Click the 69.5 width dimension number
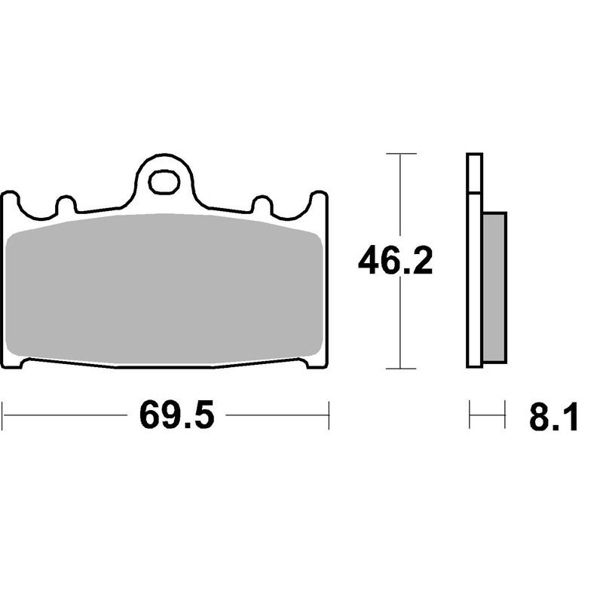point(176,415)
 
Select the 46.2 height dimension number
point(395,260)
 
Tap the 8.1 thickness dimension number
point(554,416)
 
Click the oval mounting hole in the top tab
point(164,182)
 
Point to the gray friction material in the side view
point(494,287)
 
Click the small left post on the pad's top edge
point(66,204)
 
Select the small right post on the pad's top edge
point(262,204)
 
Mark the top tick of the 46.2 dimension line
point(401,154)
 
